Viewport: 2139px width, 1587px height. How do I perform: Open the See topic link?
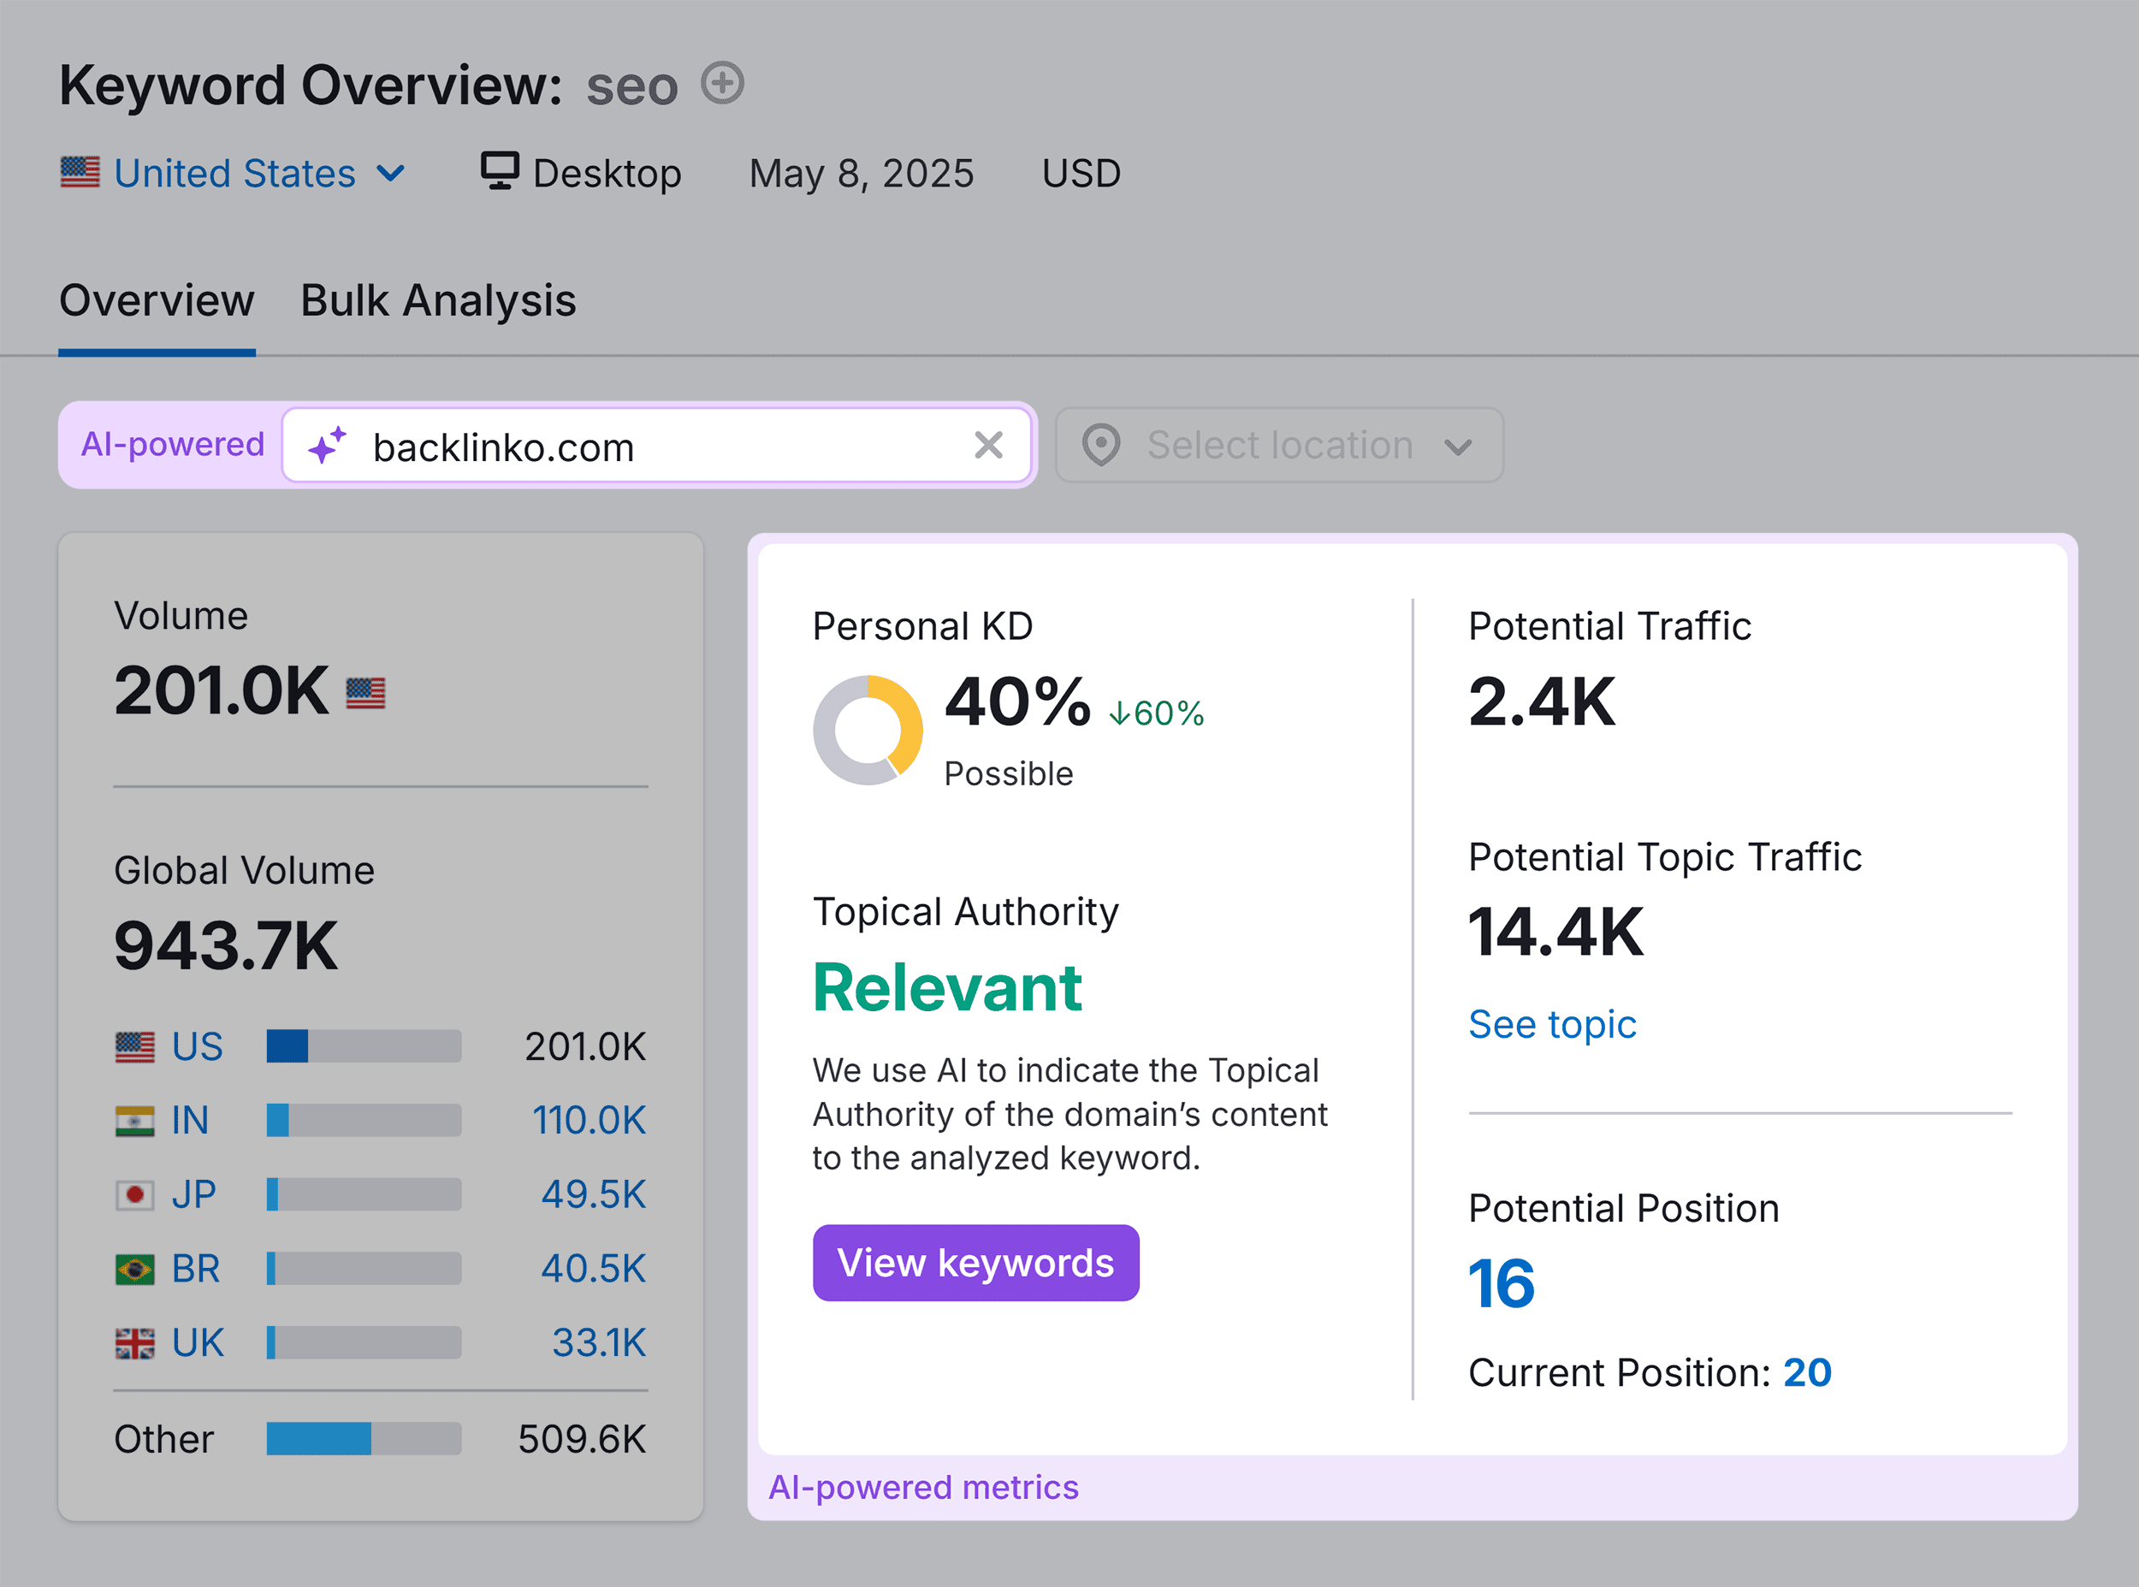[1551, 1024]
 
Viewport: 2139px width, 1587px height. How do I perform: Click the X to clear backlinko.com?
[987, 446]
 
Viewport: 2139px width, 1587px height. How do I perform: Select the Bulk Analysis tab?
[438, 300]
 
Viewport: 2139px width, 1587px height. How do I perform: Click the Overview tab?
[157, 300]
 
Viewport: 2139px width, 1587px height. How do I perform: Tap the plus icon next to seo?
[721, 83]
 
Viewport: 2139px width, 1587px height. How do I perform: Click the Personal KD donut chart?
[868, 730]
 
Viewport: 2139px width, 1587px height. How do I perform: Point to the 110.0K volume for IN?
[589, 1120]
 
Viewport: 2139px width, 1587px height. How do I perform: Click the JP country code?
[193, 1194]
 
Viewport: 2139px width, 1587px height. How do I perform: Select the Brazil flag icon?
[134, 1269]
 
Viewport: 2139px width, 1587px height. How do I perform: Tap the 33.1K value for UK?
[598, 1342]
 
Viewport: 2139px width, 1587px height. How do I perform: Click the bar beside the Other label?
[363, 1438]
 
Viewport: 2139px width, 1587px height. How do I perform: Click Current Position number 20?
[1807, 1373]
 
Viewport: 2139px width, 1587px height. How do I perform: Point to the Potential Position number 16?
[1502, 1283]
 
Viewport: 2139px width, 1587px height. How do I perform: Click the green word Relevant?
[947, 987]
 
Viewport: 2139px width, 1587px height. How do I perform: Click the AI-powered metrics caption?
[923, 1487]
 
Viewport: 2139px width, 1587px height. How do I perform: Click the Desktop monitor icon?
[500, 171]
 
